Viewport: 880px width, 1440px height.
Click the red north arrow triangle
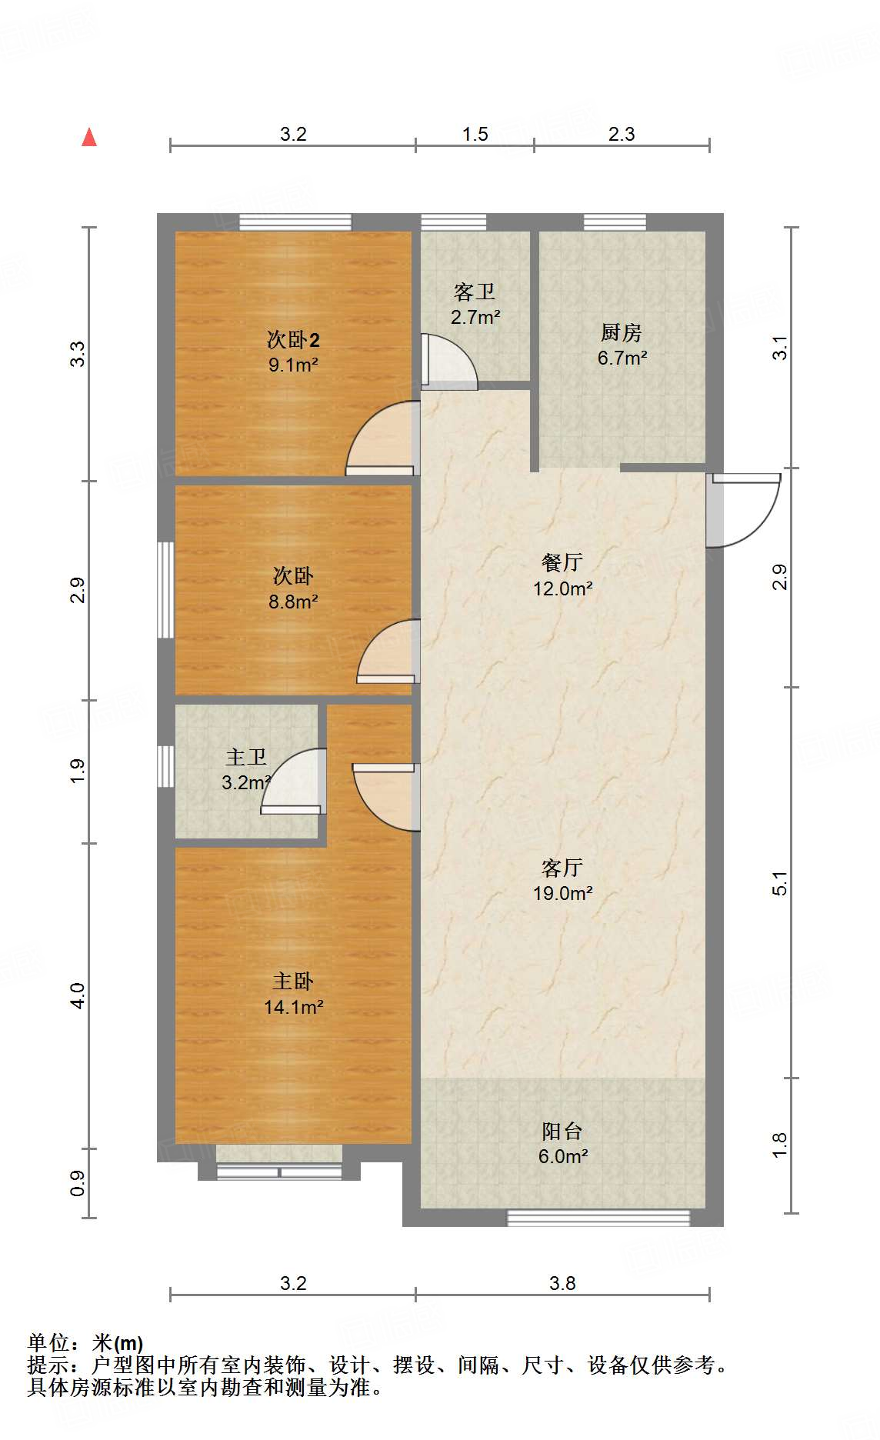pyautogui.click(x=89, y=138)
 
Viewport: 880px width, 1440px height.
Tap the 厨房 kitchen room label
pyautogui.click(x=621, y=332)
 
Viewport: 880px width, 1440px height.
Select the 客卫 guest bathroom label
pyautogui.click(x=474, y=292)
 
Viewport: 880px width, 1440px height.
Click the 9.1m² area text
pyautogui.click(x=293, y=365)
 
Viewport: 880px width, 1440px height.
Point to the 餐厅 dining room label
pyautogui.click(x=562, y=562)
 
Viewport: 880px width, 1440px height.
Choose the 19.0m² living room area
pyautogui.click(x=562, y=893)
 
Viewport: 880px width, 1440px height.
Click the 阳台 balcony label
pyautogui.click(x=562, y=1131)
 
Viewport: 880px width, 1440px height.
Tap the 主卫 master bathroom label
pyautogui.click(x=246, y=757)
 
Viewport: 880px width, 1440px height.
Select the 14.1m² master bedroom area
pyautogui.click(x=293, y=1007)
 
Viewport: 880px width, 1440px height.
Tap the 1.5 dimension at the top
pyautogui.click(x=475, y=134)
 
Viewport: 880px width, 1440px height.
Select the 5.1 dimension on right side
pyautogui.click(x=779, y=883)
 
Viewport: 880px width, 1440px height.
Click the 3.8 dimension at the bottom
pyautogui.click(x=562, y=1283)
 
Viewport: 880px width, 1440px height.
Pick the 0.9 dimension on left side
pyautogui.click(x=78, y=1183)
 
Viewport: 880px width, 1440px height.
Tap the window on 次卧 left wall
pyautogui.click(x=165, y=590)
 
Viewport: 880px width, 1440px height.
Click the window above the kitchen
pyautogui.click(x=615, y=222)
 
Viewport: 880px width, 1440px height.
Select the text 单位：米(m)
pyautogui.click(x=85, y=1343)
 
